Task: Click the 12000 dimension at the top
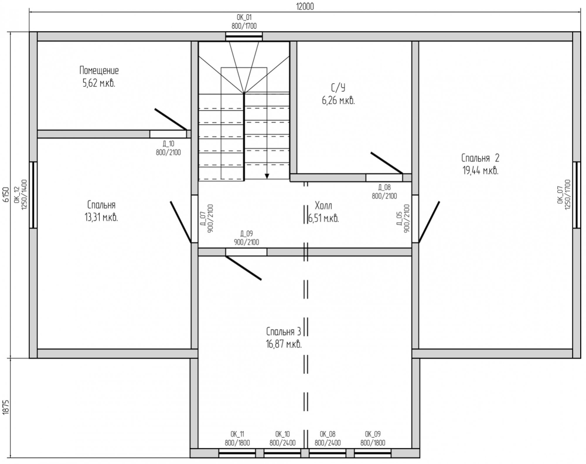tap(305, 6)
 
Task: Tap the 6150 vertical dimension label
tap(6, 194)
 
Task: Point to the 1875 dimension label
tap(6, 408)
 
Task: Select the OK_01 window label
tap(244, 17)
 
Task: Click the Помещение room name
tap(99, 70)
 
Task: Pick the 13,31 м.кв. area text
tap(101, 218)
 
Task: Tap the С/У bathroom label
tap(338, 88)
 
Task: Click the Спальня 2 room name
tap(481, 158)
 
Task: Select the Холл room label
tap(323, 205)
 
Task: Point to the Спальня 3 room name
tap(284, 331)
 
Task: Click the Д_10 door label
tap(168, 143)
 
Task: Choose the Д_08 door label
tap(384, 187)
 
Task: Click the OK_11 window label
tap(237, 434)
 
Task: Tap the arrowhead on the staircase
tap(267, 176)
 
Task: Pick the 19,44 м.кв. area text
tap(481, 171)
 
